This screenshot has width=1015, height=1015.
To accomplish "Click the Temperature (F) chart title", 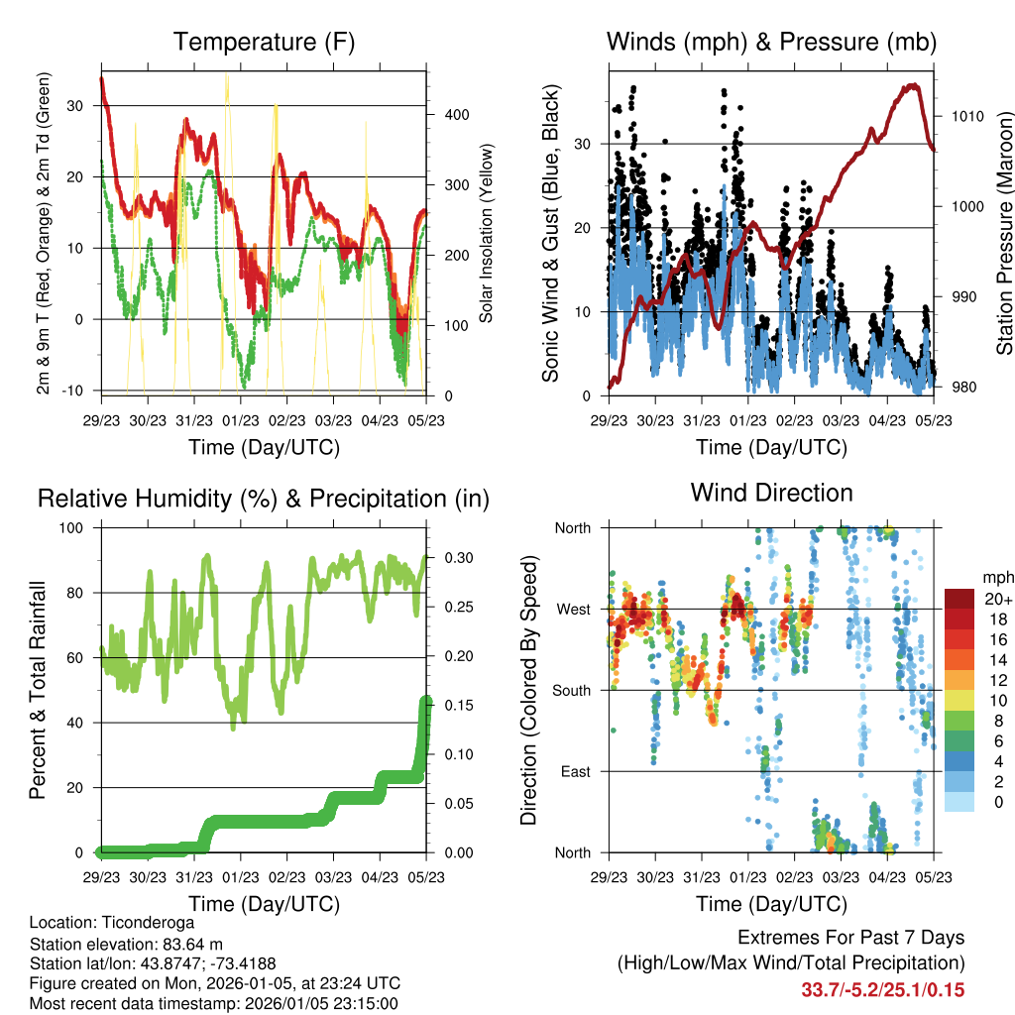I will pyautogui.click(x=264, y=43).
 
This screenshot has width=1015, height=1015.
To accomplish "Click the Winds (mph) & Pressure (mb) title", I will pyautogui.click(x=771, y=43).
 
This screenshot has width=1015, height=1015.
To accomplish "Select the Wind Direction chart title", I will pyautogui.click(x=771, y=493).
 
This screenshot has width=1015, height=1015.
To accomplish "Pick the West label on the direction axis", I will pyautogui.click(x=574, y=609).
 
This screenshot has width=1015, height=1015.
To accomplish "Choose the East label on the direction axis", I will pyautogui.click(x=575, y=771).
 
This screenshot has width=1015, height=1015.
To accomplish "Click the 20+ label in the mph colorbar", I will pyautogui.click(x=996, y=599).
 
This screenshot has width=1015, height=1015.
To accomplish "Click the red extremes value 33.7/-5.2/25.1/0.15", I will pyautogui.click(x=882, y=989).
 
